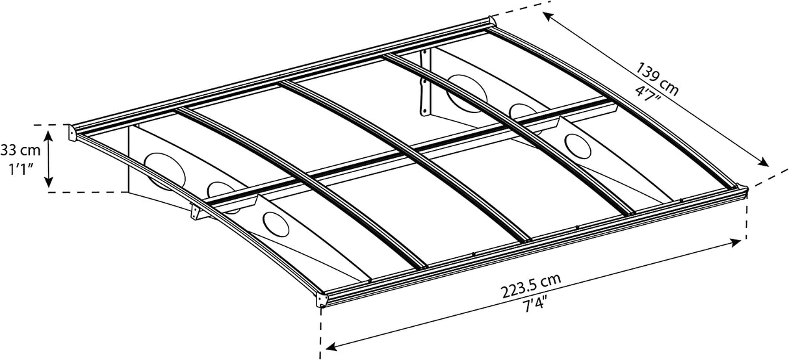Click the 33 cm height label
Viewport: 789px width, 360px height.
21,151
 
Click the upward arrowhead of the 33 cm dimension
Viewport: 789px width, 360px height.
49,133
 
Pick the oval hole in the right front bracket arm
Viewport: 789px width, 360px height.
578,144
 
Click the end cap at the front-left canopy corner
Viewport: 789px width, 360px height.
322,301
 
